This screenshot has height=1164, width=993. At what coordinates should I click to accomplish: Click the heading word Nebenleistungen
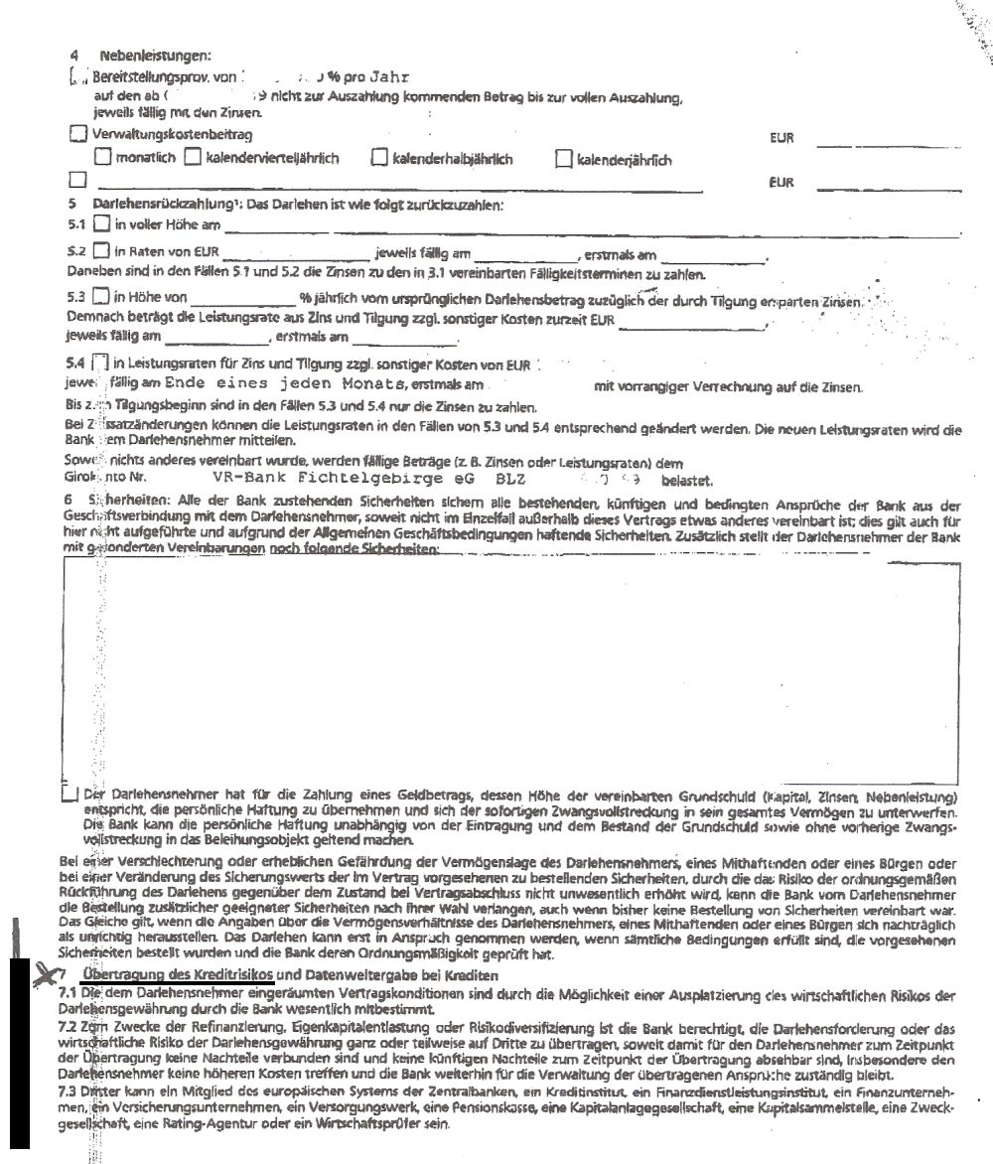(x=154, y=56)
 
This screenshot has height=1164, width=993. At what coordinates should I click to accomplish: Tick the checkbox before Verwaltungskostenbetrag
(x=78, y=134)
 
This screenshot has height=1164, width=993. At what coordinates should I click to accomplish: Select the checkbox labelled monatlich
(x=102, y=157)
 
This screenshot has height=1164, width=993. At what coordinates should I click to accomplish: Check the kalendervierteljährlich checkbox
(x=193, y=157)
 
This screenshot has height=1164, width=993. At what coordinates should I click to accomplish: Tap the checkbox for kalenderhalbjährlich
(x=379, y=157)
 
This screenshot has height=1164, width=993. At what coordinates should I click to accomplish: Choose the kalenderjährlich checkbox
(x=564, y=158)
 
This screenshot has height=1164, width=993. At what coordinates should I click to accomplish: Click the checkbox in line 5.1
(x=100, y=225)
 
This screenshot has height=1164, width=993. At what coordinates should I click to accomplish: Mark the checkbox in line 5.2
(x=100, y=251)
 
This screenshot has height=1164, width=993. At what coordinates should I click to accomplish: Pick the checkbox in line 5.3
(x=99, y=296)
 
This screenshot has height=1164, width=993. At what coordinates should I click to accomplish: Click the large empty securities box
(x=512, y=670)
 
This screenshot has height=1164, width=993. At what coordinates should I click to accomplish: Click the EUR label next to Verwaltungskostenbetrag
(x=782, y=138)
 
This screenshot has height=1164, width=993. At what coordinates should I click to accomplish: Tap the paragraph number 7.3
(x=69, y=1091)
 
